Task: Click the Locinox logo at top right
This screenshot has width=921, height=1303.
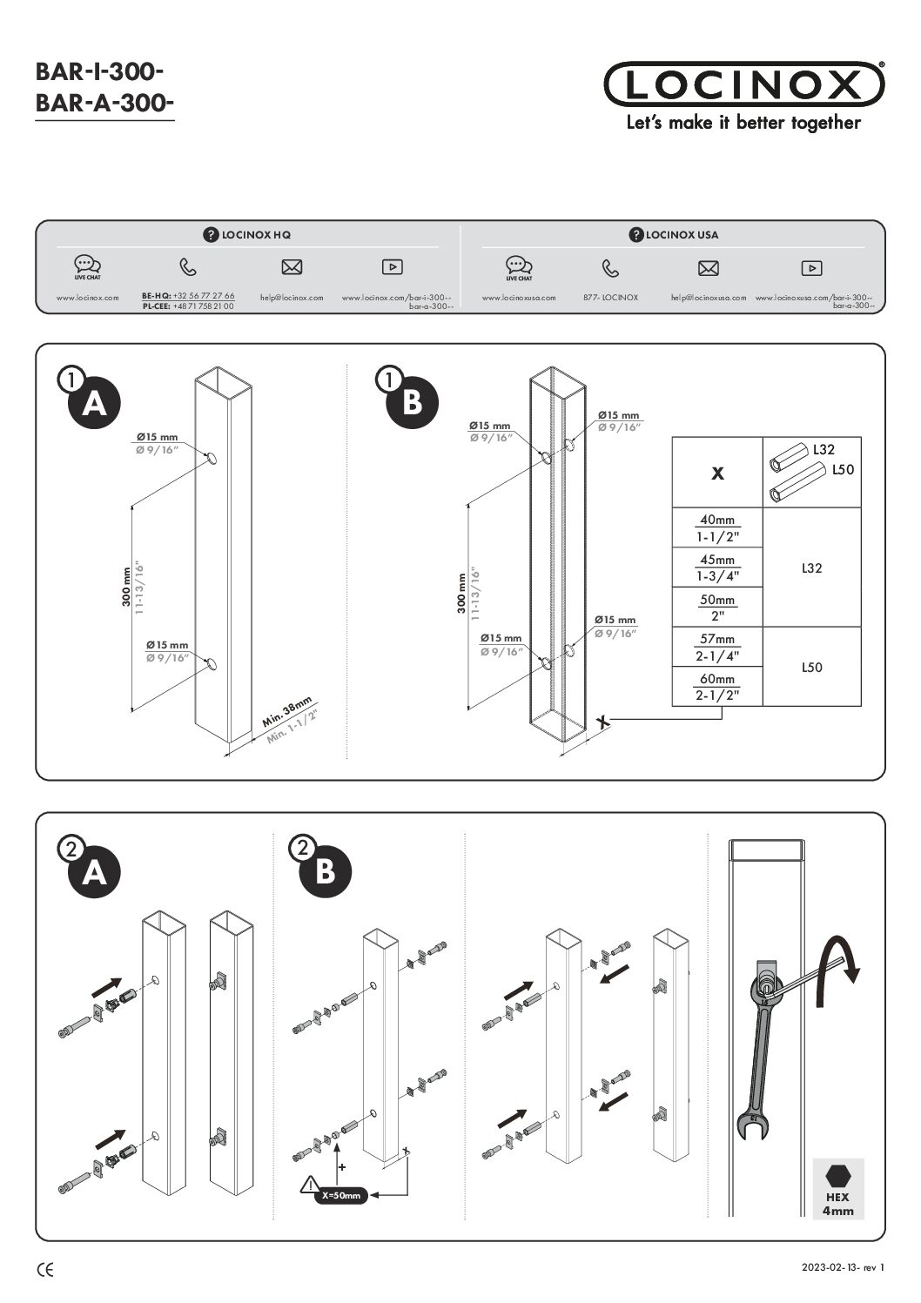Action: point(743,84)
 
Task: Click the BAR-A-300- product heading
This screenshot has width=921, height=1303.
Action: point(104,104)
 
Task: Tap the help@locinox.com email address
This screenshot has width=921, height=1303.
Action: point(292,298)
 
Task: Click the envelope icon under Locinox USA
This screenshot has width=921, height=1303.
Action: point(709,268)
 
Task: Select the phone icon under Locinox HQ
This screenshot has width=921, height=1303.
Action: point(188,267)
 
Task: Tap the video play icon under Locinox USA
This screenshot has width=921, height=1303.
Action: point(810,268)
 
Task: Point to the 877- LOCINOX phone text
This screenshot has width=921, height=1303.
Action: point(610,298)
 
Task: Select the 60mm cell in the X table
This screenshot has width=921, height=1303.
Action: point(717,686)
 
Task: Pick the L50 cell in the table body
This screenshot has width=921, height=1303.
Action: point(811,668)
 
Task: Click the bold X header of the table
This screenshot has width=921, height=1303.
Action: point(717,474)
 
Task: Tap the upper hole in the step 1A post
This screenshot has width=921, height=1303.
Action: point(212,458)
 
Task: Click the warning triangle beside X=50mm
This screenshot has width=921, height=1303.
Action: point(308,1185)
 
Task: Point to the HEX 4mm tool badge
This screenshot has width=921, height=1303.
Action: point(837,1188)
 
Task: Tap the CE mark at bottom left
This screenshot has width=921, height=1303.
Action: point(44,1270)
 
